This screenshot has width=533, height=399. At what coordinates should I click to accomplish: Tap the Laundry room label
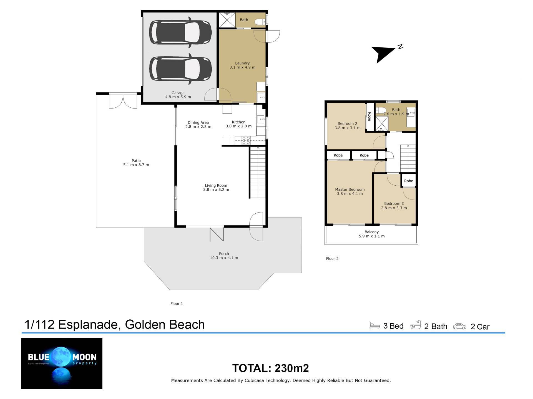click(x=242, y=63)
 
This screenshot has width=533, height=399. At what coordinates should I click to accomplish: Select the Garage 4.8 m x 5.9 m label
click(x=178, y=95)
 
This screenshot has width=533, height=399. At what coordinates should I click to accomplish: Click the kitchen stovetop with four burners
click(x=246, y=140)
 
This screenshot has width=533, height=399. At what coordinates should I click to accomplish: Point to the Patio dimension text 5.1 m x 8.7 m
click(x=136, y=165)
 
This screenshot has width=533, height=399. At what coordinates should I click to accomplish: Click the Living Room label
click(x=216, y=186)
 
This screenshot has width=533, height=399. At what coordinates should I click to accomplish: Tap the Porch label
click(x=224, y=254)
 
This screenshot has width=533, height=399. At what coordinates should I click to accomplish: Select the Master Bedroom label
click(x=350, y=190)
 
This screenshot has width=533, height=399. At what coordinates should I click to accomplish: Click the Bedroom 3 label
click(x=394, y=204)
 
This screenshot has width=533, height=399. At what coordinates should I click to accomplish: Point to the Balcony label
click(x=372, y=232)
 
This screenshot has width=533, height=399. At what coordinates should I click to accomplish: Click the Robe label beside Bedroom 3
click(x=409, y=181)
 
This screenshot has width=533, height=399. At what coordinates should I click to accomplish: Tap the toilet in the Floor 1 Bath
click(x=260, y=22)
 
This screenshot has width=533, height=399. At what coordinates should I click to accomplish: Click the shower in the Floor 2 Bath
click(x=382, y=123)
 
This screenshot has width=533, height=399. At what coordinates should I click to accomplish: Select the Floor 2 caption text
click(x=332, y=259)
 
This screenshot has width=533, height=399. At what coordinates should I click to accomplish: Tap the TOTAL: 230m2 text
click(x=270, y=368)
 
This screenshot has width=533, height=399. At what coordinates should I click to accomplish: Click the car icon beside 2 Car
click(x=460, y=326)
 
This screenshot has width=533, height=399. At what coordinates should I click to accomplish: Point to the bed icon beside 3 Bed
click(x=374, y=325)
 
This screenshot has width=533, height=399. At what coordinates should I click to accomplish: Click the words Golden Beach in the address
click(x=165, y=324)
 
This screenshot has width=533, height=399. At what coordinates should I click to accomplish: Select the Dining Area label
click(x=198, y=123)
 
